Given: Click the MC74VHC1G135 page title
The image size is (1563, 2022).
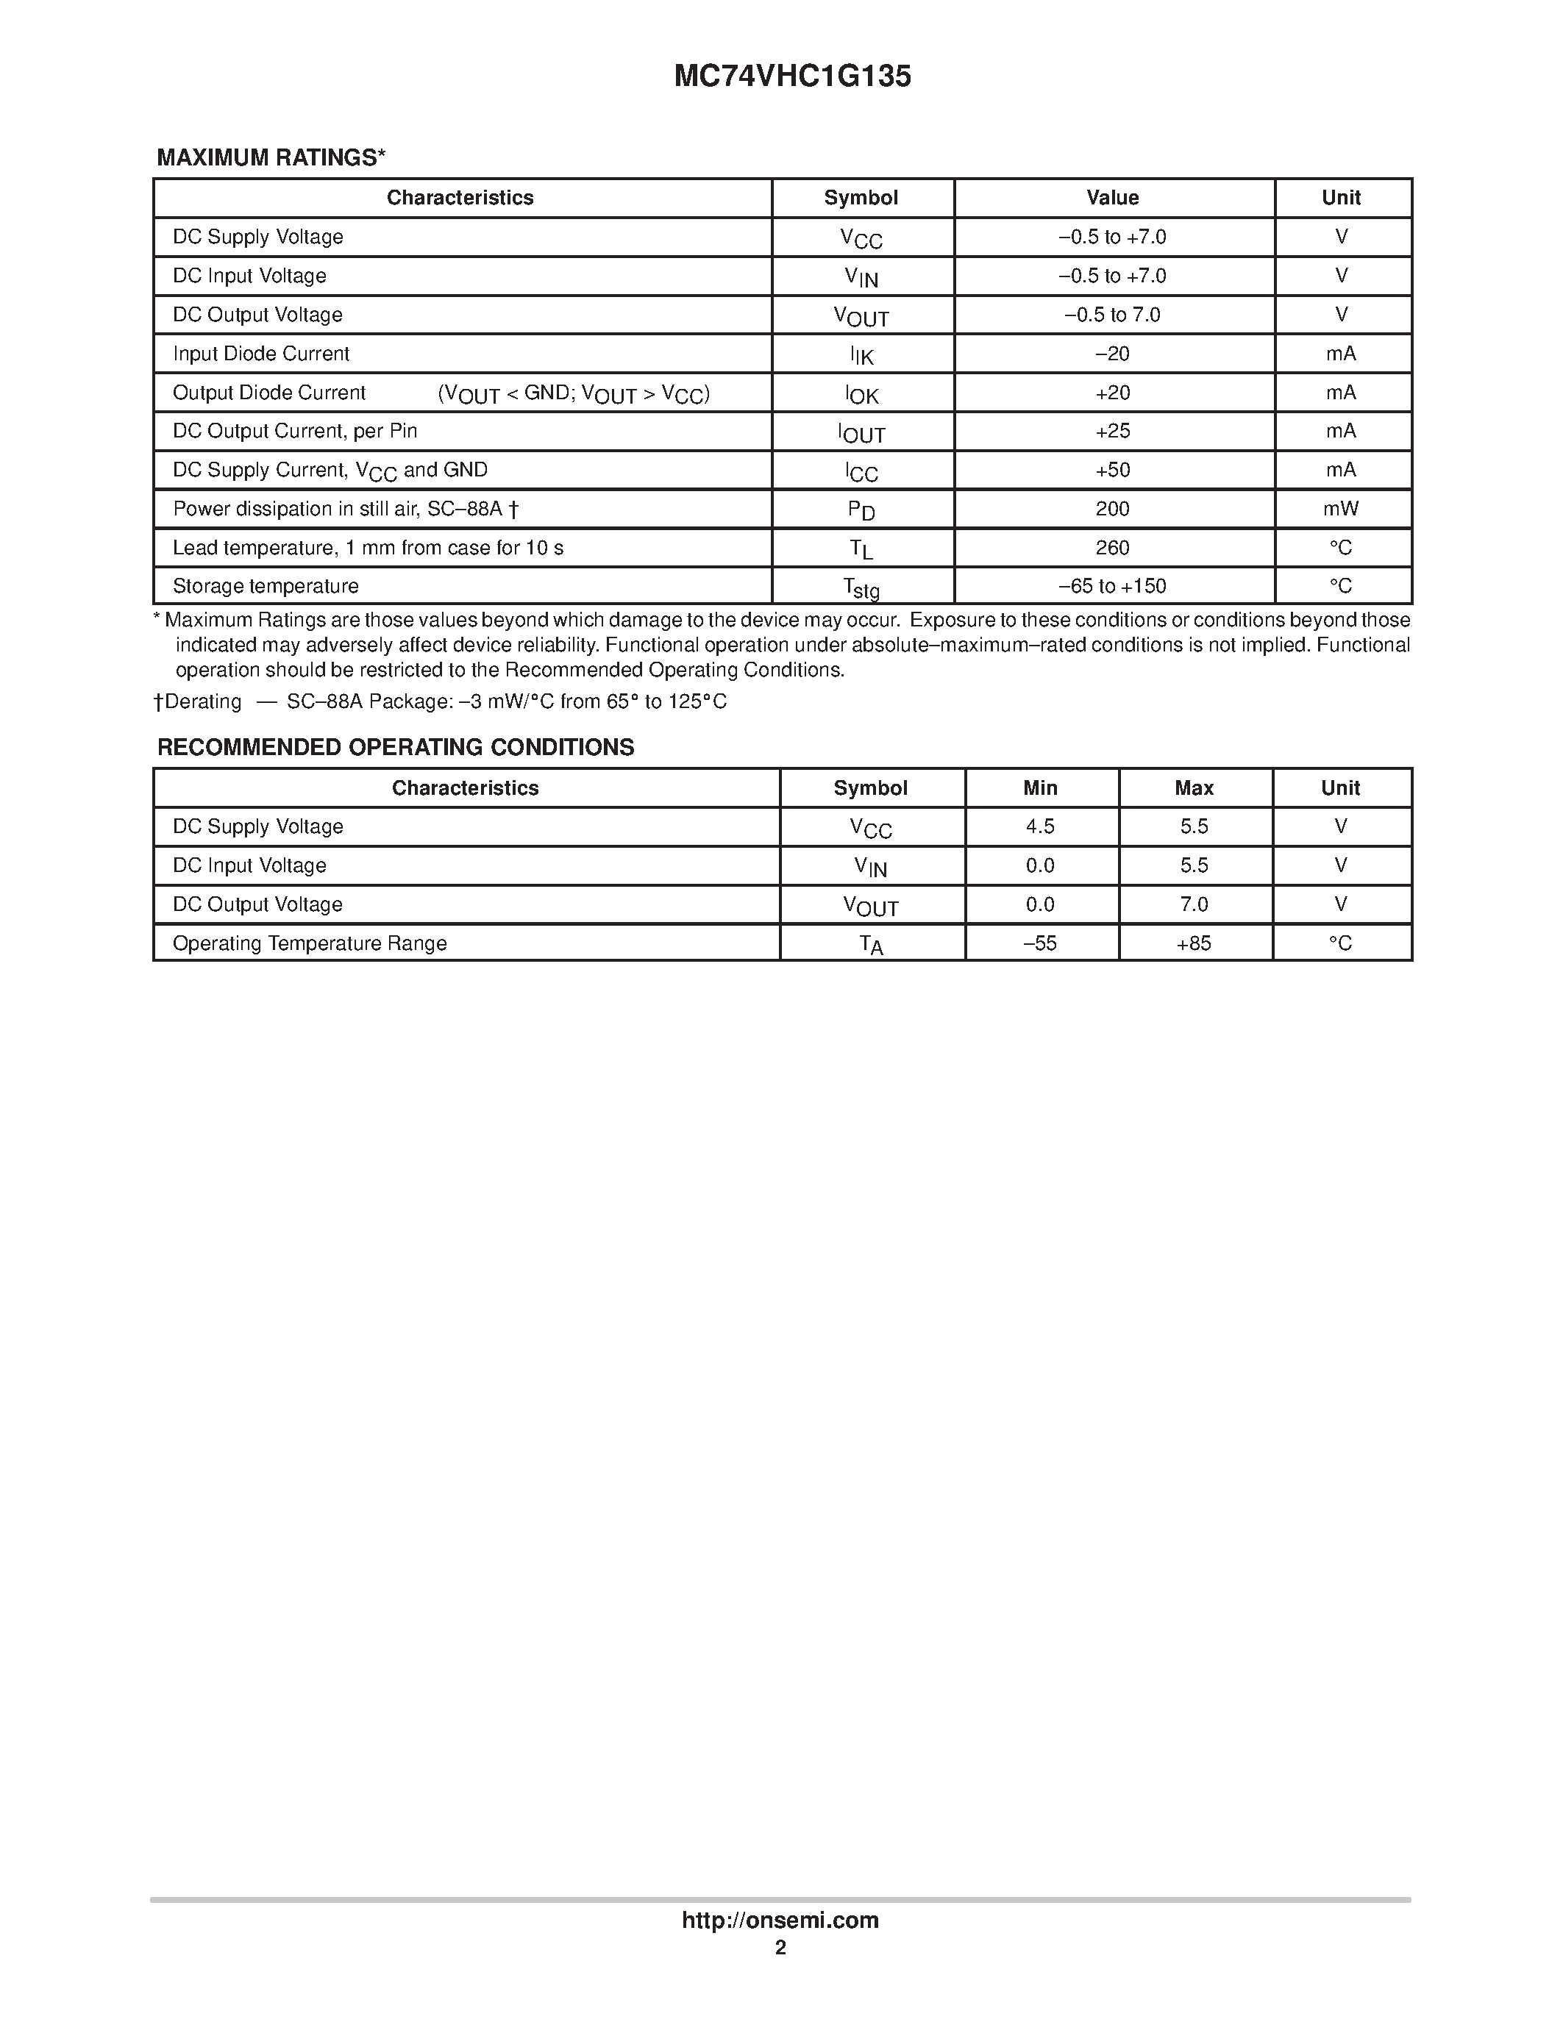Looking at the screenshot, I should point(793,76).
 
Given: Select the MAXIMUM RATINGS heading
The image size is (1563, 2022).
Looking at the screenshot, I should point(271,157).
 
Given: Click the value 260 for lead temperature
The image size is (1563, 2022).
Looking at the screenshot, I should point(1112,547).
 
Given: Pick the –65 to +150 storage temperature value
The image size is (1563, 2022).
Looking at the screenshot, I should point(1112,586).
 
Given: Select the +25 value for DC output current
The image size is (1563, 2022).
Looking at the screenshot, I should point(1112,431).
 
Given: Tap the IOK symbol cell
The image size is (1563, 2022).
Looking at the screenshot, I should point(861,394).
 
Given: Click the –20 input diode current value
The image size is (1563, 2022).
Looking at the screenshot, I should point(1112,354).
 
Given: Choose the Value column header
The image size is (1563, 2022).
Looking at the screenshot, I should point(1112,197).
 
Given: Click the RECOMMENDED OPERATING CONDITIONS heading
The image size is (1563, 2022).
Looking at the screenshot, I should point(396,747).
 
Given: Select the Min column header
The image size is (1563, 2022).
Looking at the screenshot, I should point(1040,788).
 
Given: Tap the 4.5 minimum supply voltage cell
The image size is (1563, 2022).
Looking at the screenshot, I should point(1040,826).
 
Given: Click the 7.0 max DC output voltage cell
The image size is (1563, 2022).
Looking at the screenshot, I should point(1194,904).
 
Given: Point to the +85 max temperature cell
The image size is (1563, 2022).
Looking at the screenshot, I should point(1194,943).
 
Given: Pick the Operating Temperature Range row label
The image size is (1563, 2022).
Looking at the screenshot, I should point(309,943).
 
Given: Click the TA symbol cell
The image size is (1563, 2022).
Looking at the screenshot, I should point(870,944).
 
